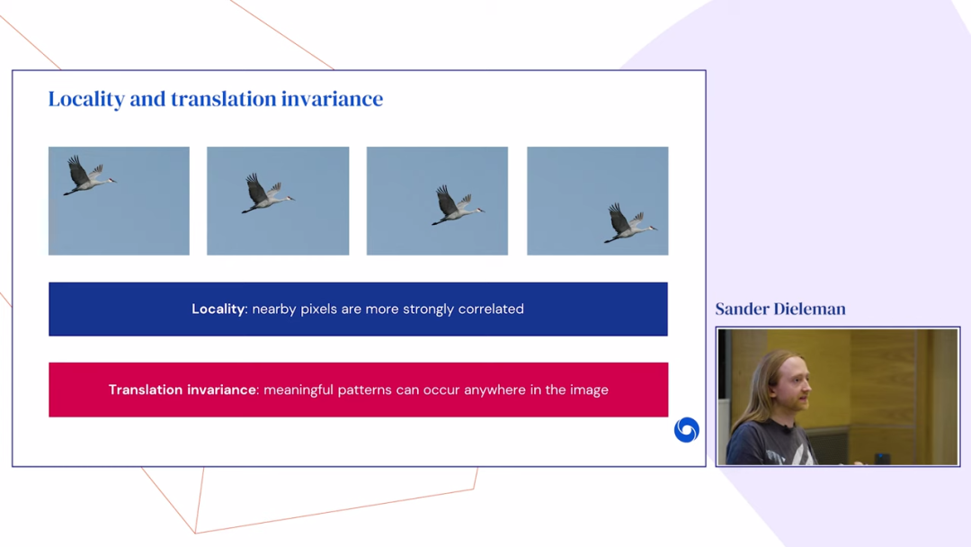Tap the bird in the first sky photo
88,175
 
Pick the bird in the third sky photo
458,204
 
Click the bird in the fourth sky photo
630,222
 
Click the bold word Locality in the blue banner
218,309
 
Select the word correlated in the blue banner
491,309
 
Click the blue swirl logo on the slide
686,430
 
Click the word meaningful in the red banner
298,390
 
